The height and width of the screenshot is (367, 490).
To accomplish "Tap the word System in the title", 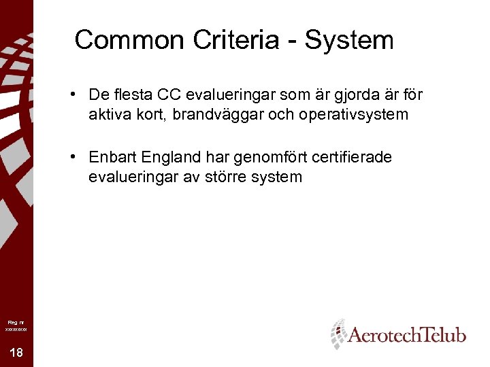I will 349,40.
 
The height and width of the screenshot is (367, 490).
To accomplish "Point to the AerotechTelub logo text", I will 407,335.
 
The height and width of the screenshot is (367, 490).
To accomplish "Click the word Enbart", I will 112,157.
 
